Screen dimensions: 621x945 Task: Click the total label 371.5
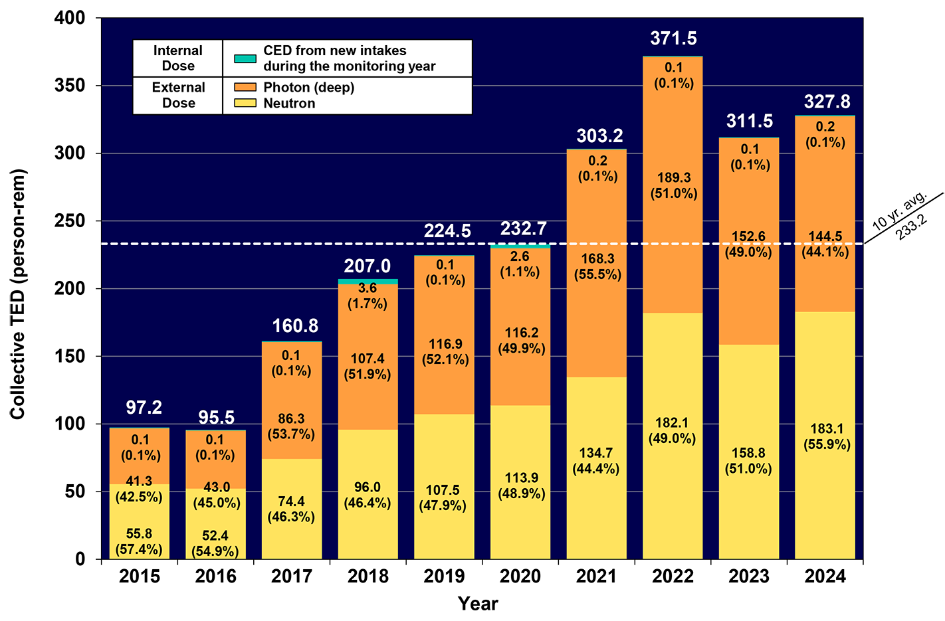click(673, 39)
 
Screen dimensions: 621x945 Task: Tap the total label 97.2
click(144, 407)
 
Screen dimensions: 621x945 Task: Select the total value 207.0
click(367, 266)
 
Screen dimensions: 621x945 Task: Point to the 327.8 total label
click(827, 102)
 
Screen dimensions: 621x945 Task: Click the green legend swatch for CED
click(245, 58)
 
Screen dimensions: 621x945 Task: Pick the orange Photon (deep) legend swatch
click(245, 87)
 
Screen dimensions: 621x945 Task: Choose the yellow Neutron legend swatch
click(245, 103)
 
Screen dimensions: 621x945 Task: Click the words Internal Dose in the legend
click(177, 58)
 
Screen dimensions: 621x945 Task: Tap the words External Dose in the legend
click(178, 95)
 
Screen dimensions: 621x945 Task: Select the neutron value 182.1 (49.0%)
click(672, 430)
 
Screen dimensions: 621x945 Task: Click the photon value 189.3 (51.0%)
click(674, 185)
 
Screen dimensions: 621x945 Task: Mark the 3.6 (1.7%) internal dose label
click(367, 296)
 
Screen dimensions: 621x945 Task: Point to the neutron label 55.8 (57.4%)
click(139, 541)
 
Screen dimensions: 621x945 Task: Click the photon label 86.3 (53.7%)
click(291, 426)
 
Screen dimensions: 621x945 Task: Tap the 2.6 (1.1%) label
click(520, 264)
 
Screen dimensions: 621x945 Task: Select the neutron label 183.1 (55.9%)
click(827, 436)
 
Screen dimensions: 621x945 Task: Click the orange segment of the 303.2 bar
click(596, 319)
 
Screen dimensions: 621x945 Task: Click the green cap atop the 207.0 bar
click(367, 282)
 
